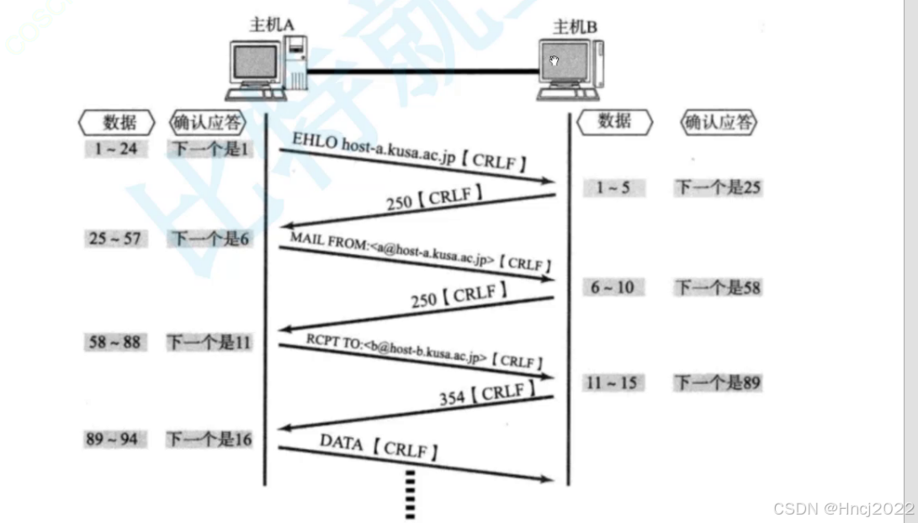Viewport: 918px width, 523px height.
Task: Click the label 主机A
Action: tap(271, 24)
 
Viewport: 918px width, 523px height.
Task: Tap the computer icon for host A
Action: tap(267, 66)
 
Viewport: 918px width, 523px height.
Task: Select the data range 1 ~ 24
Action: tap(116, 150)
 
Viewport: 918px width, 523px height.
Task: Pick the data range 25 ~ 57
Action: tap(115, 238)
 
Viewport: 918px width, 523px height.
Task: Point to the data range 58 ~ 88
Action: tap(115, 342)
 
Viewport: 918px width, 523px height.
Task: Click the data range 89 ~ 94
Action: tap(112, 439)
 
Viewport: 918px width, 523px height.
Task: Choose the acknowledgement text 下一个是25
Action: tap(717, 188)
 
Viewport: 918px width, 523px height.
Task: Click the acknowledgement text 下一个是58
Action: tap(717, 288)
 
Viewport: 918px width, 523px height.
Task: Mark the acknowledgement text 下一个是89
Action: tap(717, 383)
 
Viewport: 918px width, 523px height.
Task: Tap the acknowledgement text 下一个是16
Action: tap(209, 439)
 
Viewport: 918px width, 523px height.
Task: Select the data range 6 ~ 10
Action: tap(613, 288)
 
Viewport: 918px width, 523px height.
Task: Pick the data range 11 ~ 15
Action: tap(613, 383)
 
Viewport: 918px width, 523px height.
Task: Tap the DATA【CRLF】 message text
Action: tap(379, 446)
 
